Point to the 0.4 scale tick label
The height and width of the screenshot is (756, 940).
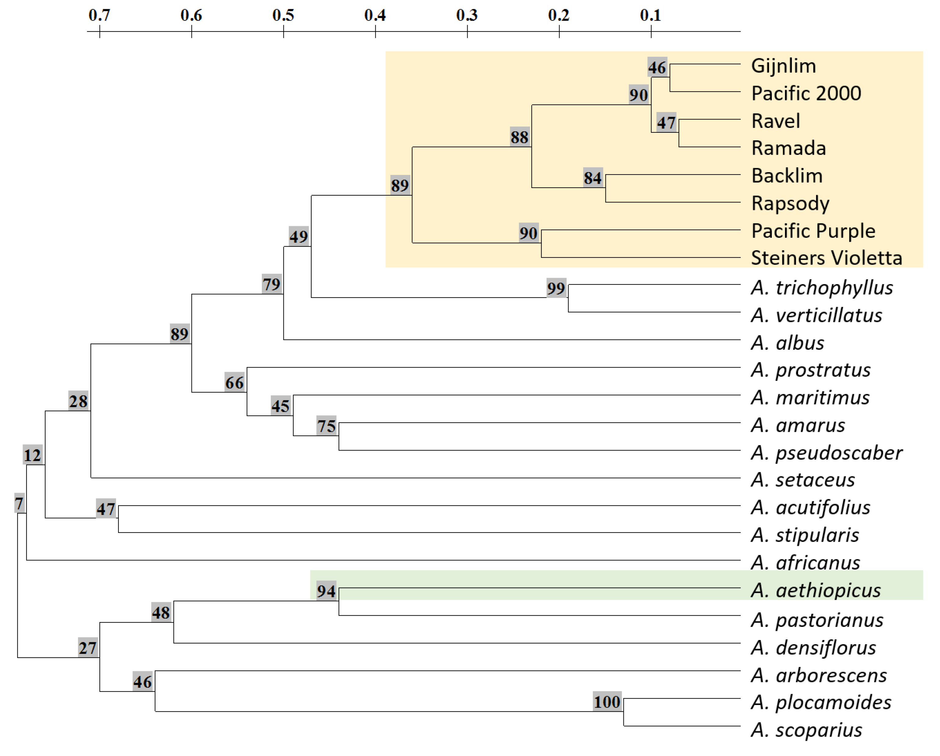pos(375,15)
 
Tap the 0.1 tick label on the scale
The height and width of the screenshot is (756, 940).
pos(650,15)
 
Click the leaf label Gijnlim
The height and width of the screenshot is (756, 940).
pos(783,66)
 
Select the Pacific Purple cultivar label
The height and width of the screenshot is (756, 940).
pos(813,231)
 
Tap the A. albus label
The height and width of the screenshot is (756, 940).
pos(787,343)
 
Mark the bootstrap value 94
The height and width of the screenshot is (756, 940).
pos(326,591)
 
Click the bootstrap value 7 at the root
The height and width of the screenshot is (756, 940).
pos(19,504)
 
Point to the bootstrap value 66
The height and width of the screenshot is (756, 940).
pos(235,383)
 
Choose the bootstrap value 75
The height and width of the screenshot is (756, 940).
pos(327,426)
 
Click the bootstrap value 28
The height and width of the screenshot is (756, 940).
pos(78,401)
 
